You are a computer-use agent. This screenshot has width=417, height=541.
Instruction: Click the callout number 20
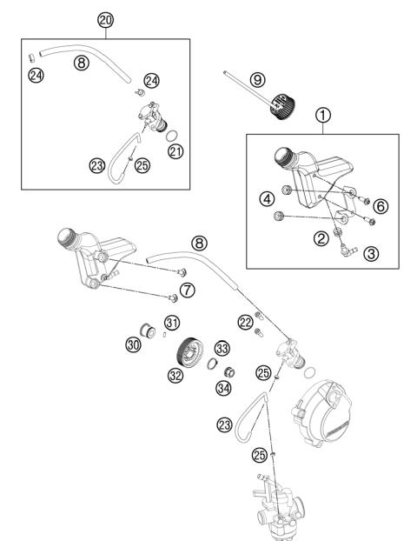[x=105, y=19]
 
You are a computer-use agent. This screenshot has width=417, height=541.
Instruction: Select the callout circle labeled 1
[x=322, y=114]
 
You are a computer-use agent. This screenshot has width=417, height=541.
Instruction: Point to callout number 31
[x=172, y=324]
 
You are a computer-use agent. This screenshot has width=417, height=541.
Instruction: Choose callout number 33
[x=221, y=348]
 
